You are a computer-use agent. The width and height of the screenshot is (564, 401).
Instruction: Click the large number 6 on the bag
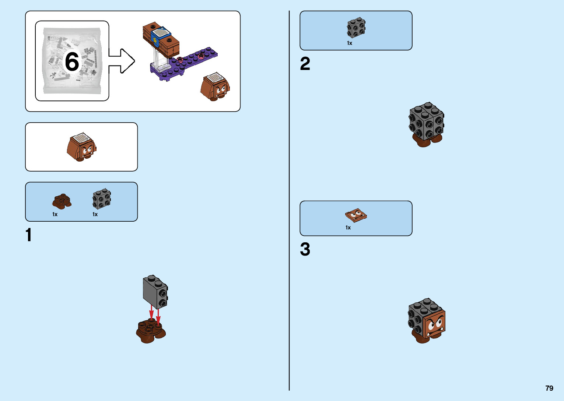click(72, 61)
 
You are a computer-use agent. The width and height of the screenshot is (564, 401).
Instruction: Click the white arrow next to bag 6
click(122, 61)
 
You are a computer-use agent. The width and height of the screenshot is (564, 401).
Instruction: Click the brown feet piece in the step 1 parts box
click(62, 201)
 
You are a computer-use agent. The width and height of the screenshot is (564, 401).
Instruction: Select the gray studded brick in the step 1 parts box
click(101, 199)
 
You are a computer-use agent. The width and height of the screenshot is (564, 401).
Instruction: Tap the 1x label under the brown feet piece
click(55, 214)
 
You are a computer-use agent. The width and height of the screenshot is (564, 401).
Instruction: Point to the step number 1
click(29, 235)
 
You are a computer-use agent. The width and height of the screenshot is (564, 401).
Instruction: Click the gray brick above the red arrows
click(155, 291)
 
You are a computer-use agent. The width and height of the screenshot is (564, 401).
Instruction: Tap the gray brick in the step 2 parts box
click(356, 28)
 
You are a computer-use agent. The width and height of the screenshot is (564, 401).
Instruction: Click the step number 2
click(305, 64)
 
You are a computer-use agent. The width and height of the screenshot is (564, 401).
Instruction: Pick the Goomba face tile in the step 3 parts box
click(356, 215)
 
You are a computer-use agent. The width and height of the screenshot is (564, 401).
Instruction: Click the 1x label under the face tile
click(348, 228)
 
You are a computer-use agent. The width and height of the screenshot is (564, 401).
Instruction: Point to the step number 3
click(305, 249)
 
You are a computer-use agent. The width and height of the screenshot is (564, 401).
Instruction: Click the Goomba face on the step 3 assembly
click(435, 324)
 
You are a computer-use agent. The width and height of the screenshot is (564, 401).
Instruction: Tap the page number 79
click(549, 388)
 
